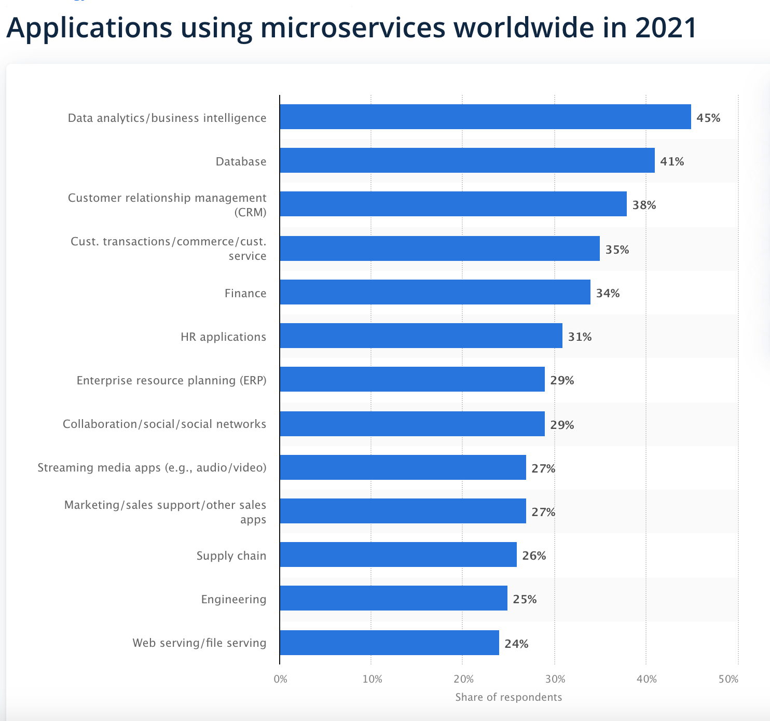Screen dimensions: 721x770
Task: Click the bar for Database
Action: (467, 160)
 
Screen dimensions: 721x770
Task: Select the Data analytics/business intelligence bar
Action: (485, 117)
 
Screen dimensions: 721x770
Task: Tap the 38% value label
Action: (644, 205)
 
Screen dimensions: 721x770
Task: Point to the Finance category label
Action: (245, 293)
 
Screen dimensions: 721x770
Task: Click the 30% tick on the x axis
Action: (555, 679)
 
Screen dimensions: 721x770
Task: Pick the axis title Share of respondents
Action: (508, 697)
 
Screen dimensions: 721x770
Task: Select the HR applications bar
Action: (421, 336)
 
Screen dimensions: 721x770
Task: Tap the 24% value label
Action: (516, 644)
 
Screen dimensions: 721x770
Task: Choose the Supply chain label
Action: (231, 556)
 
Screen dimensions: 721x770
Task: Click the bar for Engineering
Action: (393, 598)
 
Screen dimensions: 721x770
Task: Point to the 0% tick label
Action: (280, 679)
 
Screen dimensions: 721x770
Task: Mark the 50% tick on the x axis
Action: (728, 679)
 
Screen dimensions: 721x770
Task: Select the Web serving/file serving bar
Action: (389, 643)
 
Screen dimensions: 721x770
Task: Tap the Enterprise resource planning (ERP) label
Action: (171, 380)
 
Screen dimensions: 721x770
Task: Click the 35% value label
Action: (617, 249)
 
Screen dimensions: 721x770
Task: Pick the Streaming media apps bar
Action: (403, 467)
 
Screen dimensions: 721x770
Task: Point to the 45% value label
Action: (708, 118)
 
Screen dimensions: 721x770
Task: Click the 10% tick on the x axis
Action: (372, 679)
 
